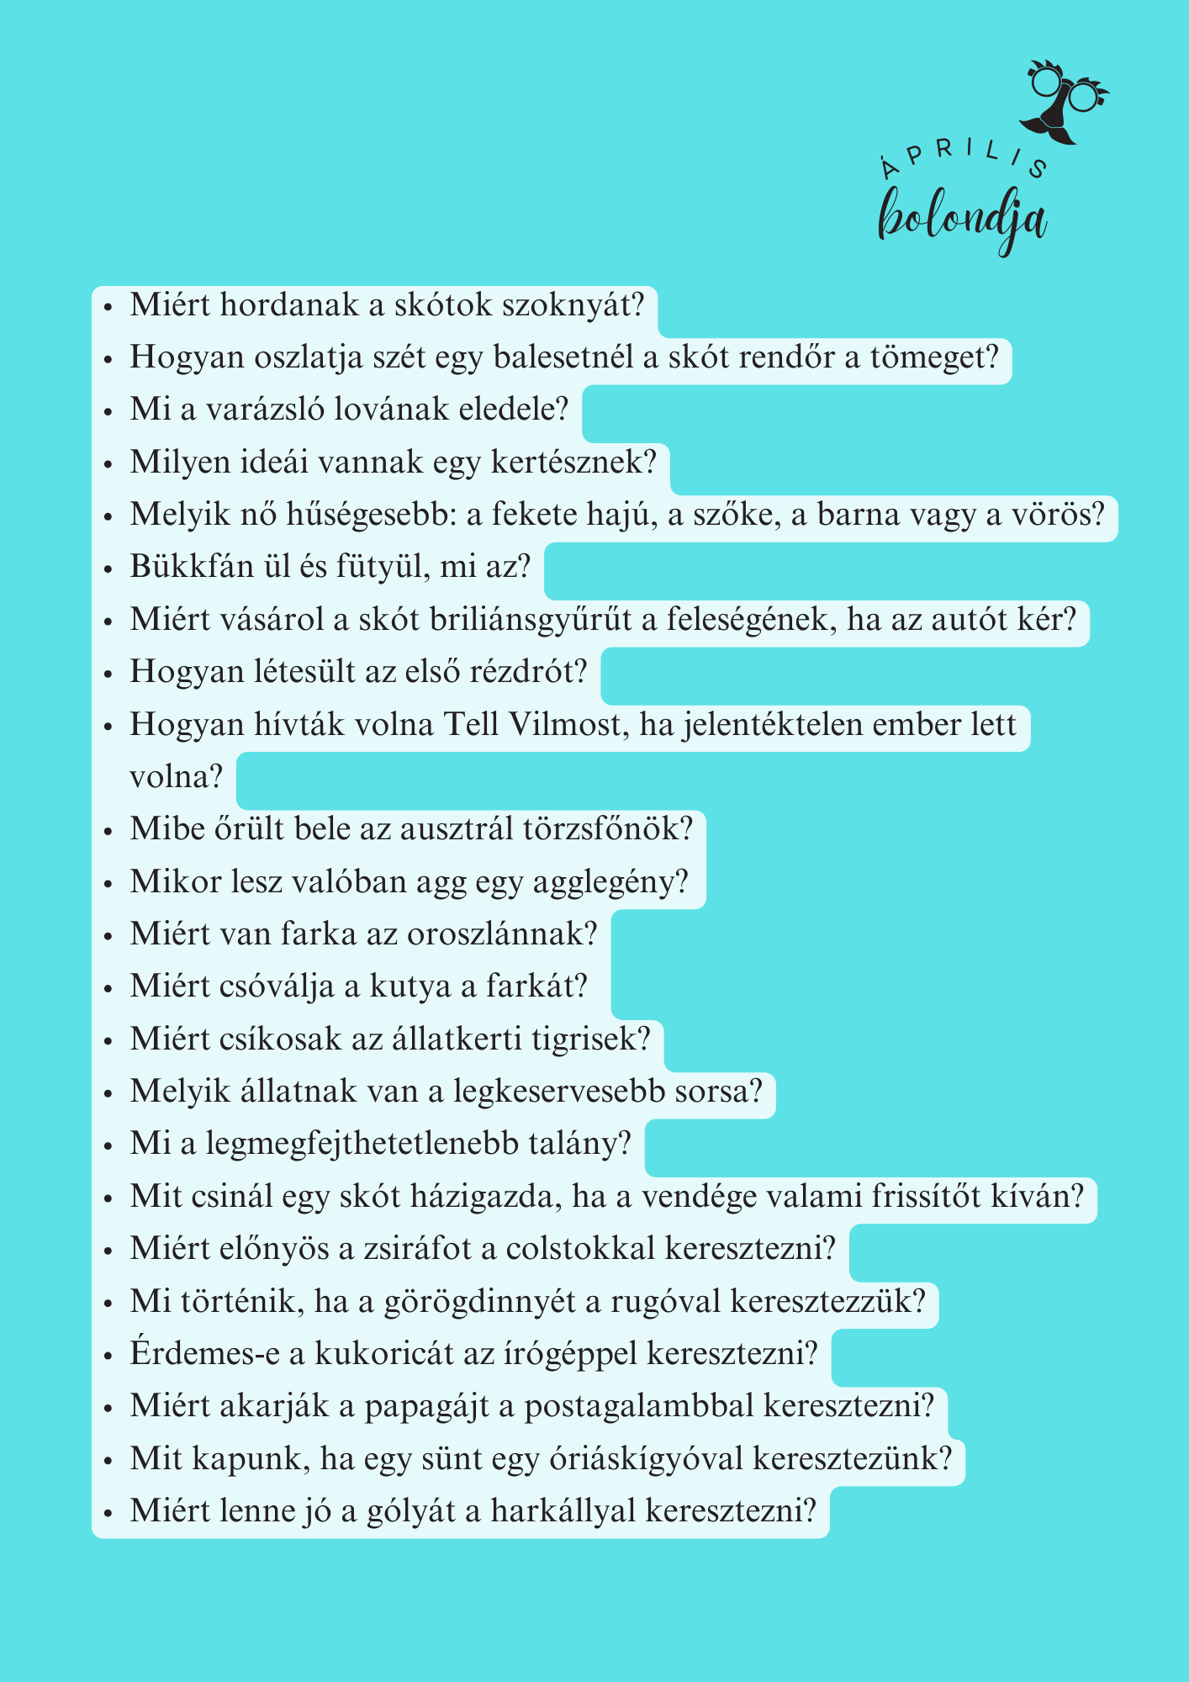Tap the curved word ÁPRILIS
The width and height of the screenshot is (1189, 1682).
click(x=964, y=156)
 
